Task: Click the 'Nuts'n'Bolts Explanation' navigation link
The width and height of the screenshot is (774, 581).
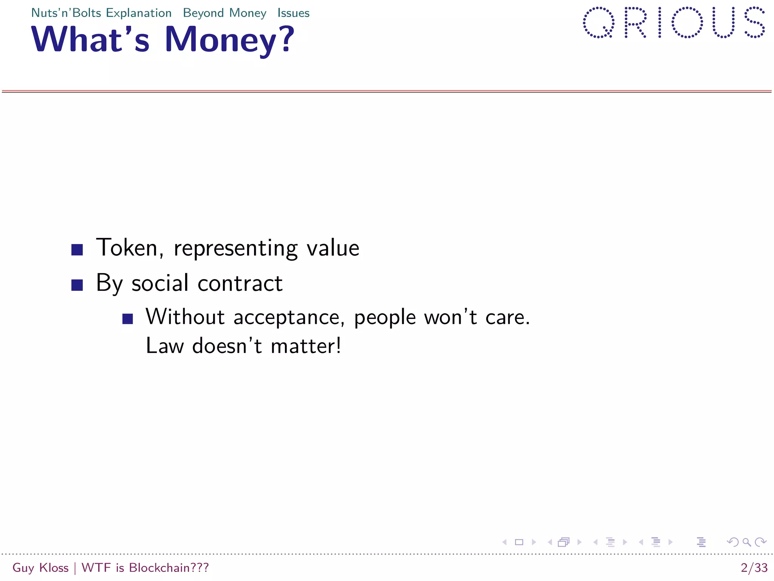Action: [101, 13]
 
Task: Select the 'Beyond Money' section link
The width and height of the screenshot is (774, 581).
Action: [224, 13]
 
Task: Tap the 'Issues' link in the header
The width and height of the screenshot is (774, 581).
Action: [293, 13]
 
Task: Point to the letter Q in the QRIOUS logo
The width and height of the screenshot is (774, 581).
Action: [598, 22]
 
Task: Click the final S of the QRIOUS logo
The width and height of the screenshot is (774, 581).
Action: [754, 22]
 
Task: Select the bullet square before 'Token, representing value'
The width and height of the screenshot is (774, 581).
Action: [77, 250]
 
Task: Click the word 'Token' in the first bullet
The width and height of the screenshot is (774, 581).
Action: [127, 248]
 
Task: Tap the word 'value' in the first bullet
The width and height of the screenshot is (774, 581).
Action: [333, 249]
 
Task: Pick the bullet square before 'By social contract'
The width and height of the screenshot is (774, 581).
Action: [77, 285]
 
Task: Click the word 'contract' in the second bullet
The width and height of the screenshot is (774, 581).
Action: [240, 283]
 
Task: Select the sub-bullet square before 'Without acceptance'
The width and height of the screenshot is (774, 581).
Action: [128, 319]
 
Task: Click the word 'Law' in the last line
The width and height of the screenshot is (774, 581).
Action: [164, 346]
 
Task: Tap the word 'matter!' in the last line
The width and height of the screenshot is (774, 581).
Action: [306, 346]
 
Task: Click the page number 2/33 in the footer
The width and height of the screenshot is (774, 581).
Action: [754, 568]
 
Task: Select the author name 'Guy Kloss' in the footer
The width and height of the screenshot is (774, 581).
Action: [40, 568]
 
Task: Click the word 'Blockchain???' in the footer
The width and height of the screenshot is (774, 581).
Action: [169, 568]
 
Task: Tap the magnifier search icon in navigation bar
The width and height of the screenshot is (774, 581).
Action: [746, 542]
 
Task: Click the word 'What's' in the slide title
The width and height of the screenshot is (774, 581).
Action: [91, 40]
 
